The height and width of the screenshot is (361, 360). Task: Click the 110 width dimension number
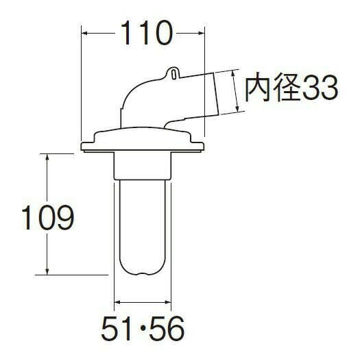coord(145,34)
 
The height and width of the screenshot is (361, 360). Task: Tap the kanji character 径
coord(286,88)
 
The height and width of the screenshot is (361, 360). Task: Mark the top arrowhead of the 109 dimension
coord(47,157)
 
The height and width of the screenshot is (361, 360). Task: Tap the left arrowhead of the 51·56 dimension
coord(117,300)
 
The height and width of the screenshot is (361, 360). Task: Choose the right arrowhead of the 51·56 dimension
coord(169,300)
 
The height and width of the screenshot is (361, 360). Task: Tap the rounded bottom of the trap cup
coord(143,271)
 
